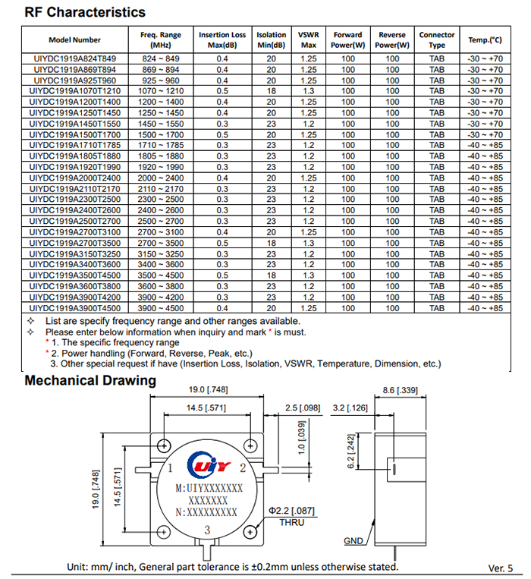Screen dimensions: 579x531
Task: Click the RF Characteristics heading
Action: [x=84, y=13]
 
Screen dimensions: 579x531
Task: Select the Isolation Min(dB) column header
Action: [x=272, y=39]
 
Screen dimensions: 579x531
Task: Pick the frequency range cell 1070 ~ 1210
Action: [x=161, y=90]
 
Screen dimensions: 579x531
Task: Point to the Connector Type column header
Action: [x=437, y=39]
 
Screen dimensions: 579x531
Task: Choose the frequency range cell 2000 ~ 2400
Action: [x=161, y=178]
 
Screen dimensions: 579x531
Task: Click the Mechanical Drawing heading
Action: [x=90, y=381]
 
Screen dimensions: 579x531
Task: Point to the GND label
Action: [x=353, y=541]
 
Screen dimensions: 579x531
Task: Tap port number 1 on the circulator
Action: [x=171, y=467]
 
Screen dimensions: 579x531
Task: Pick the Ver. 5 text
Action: [x=500, y=568]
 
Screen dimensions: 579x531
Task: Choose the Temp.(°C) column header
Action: [x=485, y=39]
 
